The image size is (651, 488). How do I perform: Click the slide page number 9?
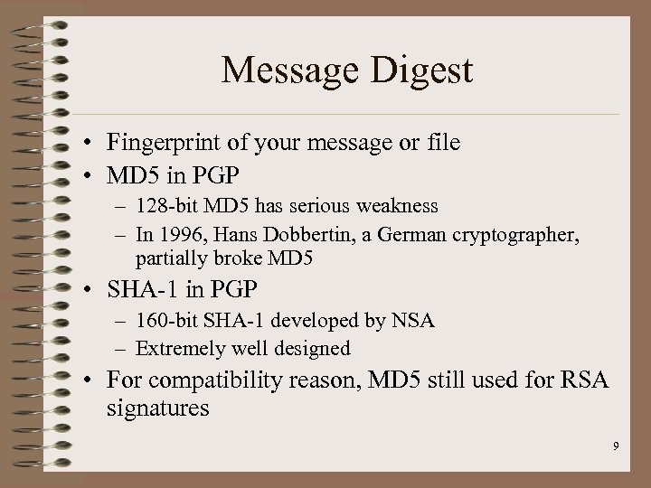tap(615, 446)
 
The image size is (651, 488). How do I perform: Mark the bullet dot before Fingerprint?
tap(94, 144)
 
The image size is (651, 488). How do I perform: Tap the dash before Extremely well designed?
tap(124, 348)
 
